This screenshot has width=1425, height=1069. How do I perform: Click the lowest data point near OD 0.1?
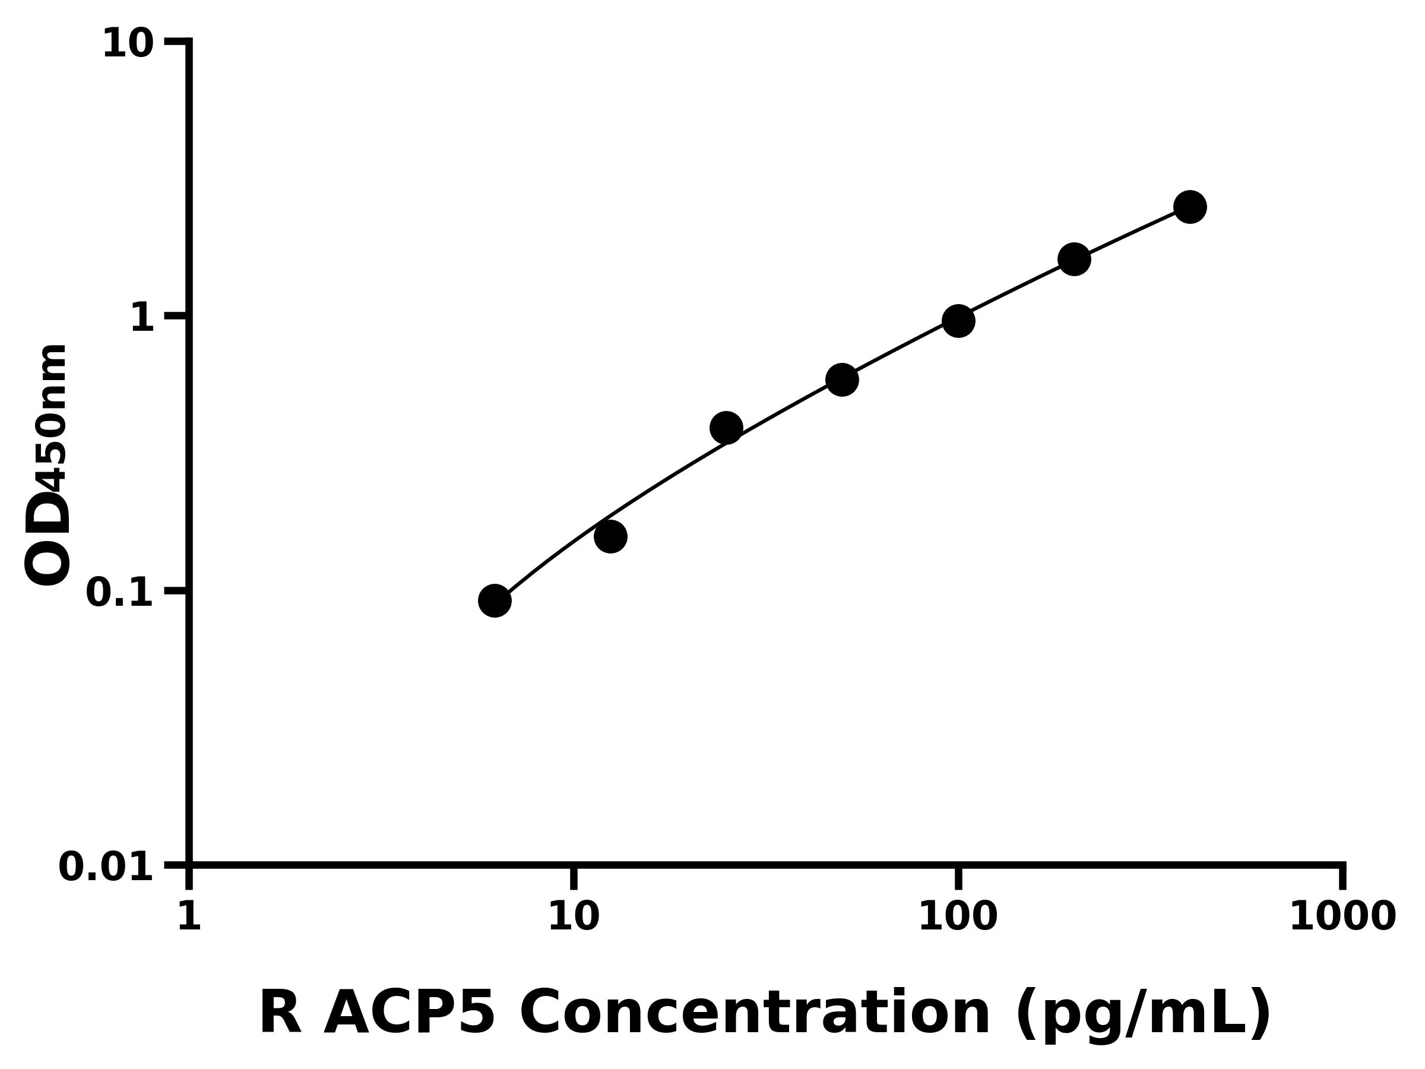(495, 600)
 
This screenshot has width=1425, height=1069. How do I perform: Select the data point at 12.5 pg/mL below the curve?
(610, 536)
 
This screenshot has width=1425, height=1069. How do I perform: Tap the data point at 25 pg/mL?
(726, 428)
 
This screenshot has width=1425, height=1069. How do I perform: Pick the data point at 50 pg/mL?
(841, 379)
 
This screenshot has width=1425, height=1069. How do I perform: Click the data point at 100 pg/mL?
(958, 321)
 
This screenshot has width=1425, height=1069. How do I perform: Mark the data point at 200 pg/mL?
(1074, 260)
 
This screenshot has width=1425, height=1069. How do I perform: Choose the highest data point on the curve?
(1190, 207)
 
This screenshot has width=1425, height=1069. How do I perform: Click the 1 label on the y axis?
(142, 318)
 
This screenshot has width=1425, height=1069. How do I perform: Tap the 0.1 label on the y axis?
(120, 593)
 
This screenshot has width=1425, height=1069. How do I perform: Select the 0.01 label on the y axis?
(106, 866)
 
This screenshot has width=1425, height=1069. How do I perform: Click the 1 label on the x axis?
(189, 916)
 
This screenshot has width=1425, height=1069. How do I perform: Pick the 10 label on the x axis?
(574, 916)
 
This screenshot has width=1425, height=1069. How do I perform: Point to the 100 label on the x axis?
(958, 916)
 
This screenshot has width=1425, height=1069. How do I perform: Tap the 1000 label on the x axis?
(1342, 916)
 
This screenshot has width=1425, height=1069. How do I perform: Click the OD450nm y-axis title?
(46, 465)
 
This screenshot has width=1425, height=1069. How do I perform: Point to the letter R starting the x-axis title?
(280, 1014)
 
